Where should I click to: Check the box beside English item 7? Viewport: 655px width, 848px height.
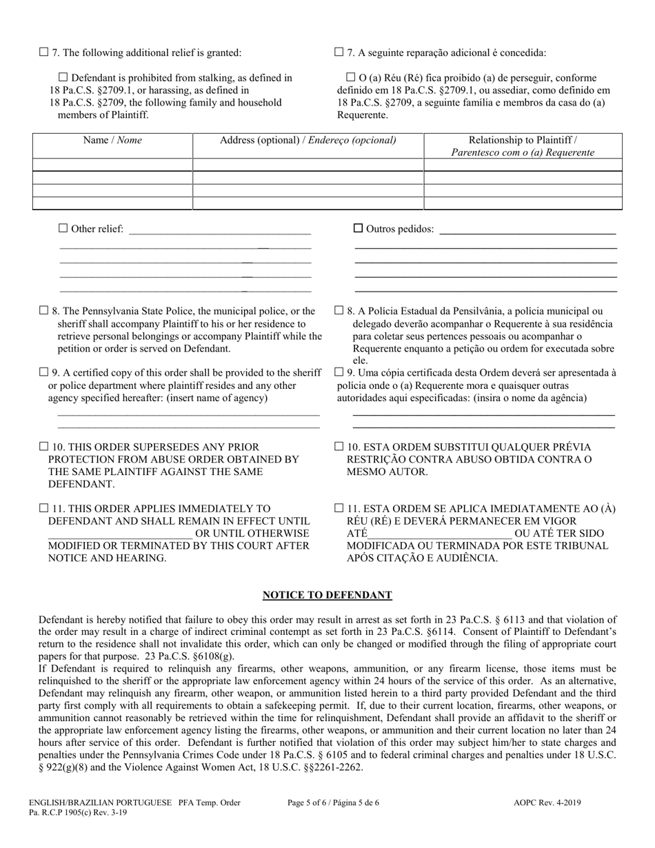pos(44,52)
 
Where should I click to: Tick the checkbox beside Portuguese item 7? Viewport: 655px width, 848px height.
pos(339,52)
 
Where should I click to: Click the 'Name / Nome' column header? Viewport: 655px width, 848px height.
pos(112,140)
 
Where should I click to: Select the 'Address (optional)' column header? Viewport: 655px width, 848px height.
pos(308,140)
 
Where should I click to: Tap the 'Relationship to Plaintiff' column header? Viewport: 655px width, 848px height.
pos(523,146)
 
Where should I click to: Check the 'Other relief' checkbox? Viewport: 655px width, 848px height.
pos(63,228)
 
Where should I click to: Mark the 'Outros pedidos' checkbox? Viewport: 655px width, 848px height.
pos(358,228)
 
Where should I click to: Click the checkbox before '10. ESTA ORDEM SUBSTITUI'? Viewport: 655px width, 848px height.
pos(339,447)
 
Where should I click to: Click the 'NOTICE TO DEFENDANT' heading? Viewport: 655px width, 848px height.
pos(327,595)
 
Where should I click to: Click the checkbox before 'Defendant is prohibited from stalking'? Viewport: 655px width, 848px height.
pos(63,78)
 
